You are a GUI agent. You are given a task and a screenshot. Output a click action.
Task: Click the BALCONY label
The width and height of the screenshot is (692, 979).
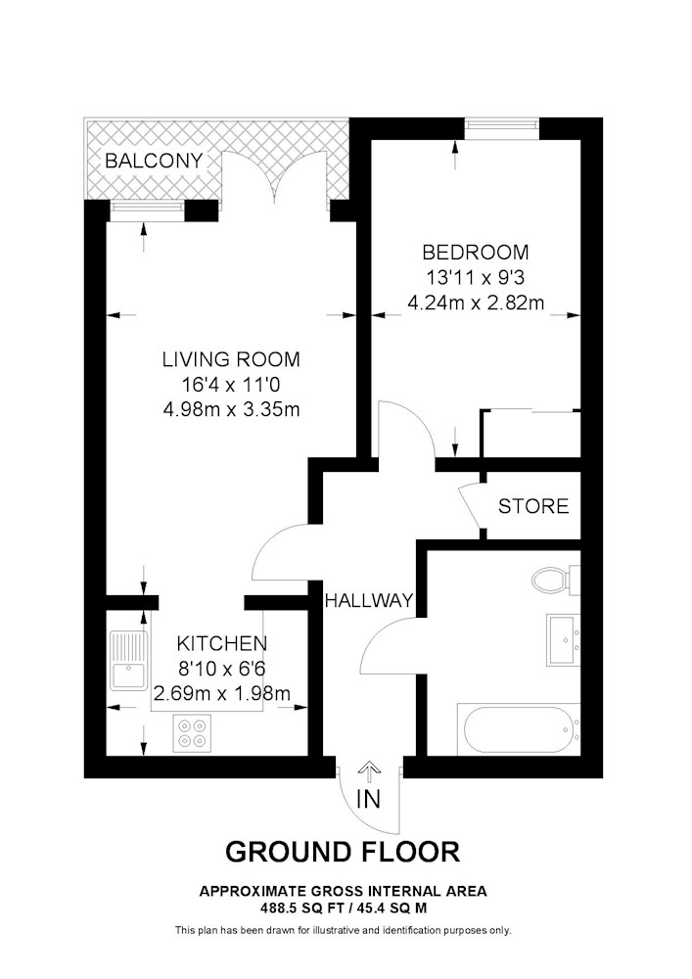154,162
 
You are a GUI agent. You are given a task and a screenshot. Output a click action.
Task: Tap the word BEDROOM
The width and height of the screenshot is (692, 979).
476,253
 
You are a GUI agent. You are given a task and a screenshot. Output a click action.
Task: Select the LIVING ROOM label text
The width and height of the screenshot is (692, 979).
232,359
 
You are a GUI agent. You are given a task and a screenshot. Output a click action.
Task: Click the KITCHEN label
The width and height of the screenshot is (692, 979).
222,643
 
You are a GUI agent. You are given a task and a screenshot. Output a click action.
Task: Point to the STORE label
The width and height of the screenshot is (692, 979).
533,506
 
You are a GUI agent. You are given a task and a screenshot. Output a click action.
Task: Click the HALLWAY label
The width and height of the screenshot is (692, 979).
369,601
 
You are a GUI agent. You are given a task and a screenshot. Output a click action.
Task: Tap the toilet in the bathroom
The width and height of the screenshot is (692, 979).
556,580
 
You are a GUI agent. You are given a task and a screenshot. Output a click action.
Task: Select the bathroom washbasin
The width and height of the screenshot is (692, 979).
564,639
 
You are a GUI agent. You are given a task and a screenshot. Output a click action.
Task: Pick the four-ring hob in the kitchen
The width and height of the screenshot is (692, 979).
192,733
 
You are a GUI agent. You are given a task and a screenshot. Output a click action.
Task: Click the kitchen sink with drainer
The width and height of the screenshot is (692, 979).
128,661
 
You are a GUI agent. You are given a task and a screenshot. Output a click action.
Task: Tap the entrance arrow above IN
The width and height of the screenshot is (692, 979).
369,771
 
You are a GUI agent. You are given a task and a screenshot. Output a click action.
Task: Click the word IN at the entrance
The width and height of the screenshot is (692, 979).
369,800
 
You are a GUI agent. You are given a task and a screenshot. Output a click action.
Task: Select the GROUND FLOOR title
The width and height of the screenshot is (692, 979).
343,852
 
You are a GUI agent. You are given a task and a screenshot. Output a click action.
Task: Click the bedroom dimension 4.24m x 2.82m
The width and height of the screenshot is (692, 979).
476,303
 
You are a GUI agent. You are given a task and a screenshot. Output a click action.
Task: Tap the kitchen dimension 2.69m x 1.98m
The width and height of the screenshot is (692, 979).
222,693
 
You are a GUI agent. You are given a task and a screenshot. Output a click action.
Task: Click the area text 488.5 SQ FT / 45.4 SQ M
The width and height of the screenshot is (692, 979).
343,907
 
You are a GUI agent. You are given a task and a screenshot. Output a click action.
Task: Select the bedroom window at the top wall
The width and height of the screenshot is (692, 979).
502,128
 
